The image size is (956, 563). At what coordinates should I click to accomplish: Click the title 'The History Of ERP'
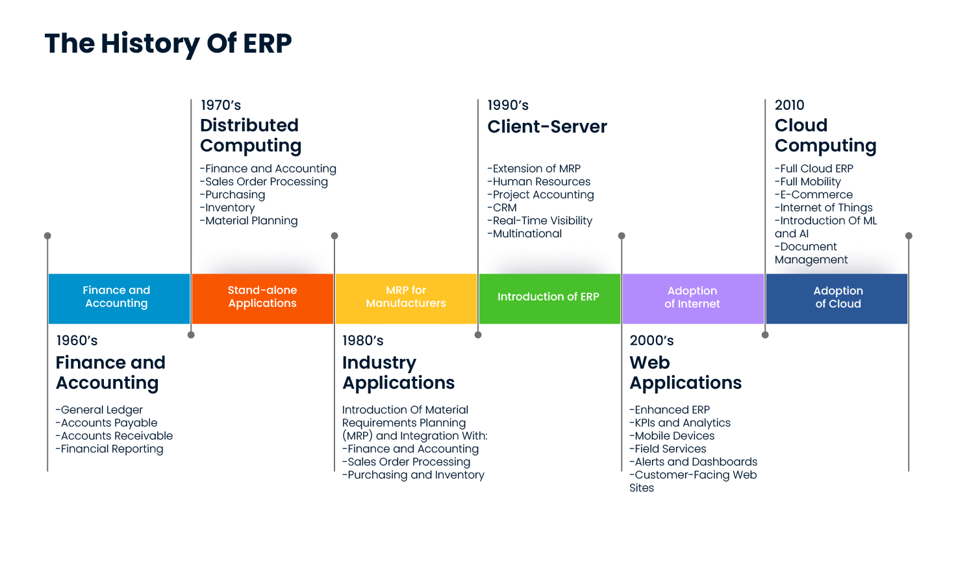click(168, 44)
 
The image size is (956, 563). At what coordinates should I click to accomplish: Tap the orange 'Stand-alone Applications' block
click(262, 298)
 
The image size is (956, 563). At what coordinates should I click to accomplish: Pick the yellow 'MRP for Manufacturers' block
click(406, 298)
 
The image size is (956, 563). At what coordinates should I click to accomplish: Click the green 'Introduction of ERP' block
click(549, 297)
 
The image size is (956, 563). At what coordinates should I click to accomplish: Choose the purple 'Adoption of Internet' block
click(692, 298)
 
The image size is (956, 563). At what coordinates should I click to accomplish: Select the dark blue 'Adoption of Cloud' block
click(838, 298)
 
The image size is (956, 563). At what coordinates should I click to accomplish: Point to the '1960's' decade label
click(77, 341)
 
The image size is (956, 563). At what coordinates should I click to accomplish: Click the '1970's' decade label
click(221, 105)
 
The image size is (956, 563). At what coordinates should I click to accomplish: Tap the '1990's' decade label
click(508, 105)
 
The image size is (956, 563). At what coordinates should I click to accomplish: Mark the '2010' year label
click(789, 105)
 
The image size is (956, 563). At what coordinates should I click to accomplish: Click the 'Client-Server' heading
click(547, 127)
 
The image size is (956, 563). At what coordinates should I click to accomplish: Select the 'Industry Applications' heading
click(398, 373)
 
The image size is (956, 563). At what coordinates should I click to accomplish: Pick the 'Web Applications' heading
click(685, 373)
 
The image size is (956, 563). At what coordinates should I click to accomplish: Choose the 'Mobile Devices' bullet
click(672, 436)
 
